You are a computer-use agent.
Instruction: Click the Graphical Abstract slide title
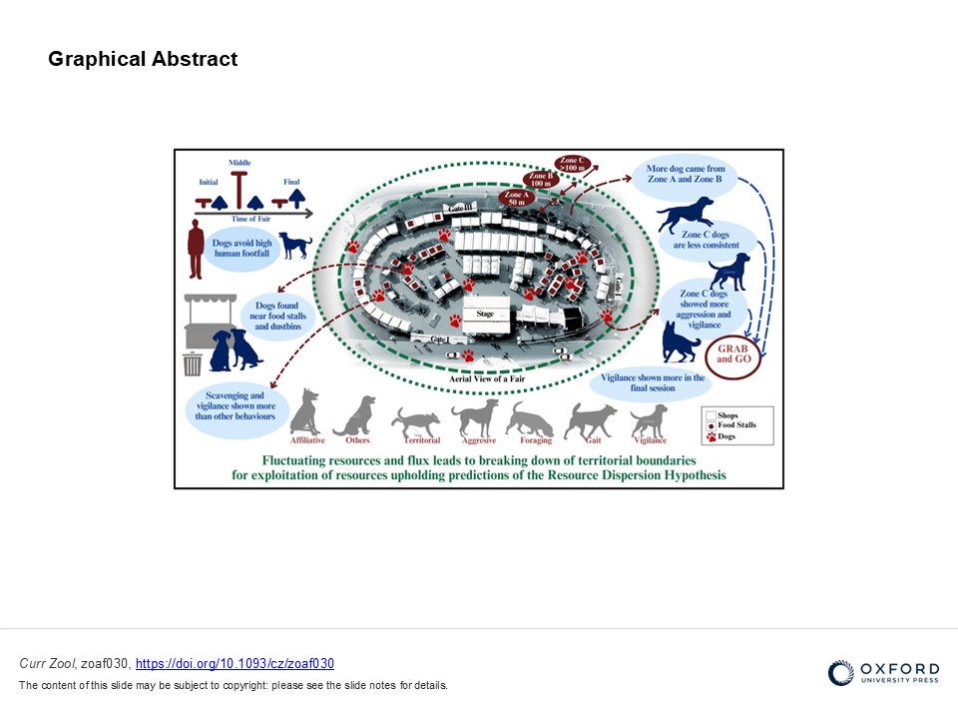tap(143, 59)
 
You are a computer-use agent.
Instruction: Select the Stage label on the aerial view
tap(485, 314)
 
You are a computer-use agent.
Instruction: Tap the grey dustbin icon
tap(193, 363)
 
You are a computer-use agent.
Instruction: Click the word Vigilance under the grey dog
tap(650, 440)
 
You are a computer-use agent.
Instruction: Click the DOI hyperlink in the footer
tap(235, 664)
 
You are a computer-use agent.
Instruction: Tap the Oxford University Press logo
tap(883, 673)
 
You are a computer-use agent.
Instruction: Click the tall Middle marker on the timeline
tap(239, 187)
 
